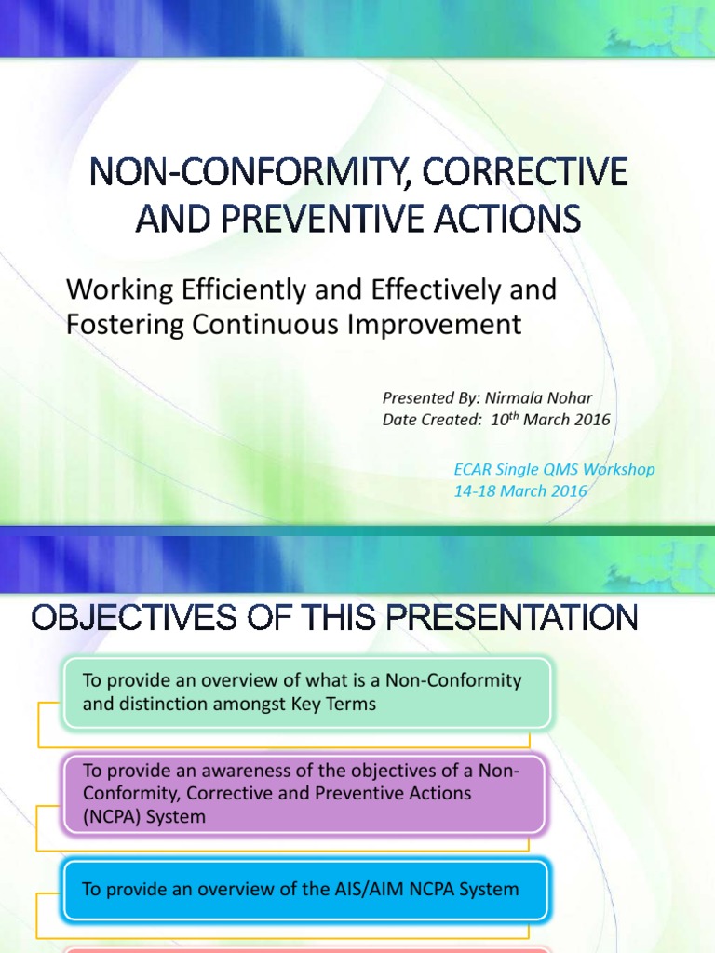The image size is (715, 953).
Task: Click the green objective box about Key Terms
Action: pos(307,692)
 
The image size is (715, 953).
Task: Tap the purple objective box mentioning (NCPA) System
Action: pos(307,793)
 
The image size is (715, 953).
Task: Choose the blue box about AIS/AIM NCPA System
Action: pos(307,889)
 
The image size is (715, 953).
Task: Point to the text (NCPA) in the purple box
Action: pos(113,816)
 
